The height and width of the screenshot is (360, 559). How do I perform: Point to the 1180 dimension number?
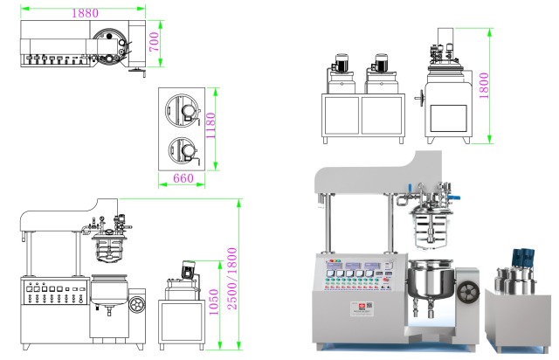coord(210,129)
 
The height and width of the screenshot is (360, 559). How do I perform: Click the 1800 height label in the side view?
coord(495,85)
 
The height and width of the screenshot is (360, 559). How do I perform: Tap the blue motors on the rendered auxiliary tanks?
coord(524,256)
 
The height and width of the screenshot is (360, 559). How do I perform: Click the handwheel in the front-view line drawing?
coord(137,306)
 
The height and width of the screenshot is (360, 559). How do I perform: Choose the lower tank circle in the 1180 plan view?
coord(183,150)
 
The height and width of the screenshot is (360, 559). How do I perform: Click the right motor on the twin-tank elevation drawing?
coord(381,63)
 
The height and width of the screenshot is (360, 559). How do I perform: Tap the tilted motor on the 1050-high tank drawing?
coord(184,268)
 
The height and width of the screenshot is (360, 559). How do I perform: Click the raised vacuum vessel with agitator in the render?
coord(429,218)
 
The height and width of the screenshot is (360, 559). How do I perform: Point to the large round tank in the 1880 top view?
coord(113,44)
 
